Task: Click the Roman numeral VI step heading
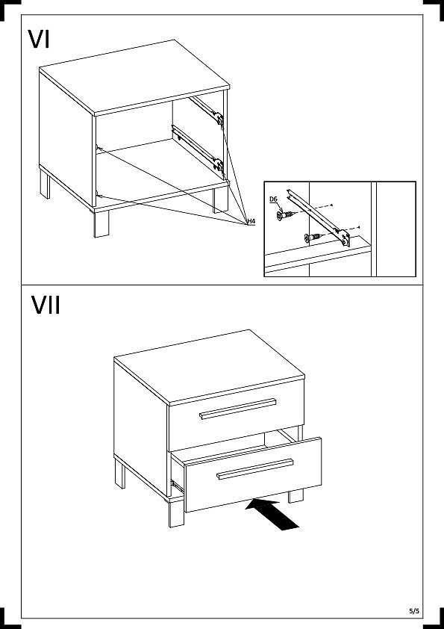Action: (x=39, y=40)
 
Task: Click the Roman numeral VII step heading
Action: (x=46, y=306)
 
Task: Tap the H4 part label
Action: (x=251, y=221)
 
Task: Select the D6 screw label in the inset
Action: (x=273, y=199)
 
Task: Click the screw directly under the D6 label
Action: (x=285, y=215)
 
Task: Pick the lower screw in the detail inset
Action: (x=313, y=237)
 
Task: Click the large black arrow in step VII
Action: (x=272, y=514)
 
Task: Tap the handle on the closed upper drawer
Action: (x=238, y=409)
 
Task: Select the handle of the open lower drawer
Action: (x=255, y=469)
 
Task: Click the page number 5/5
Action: (x=414, y=611)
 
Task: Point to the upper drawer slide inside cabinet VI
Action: (x=207, y=110)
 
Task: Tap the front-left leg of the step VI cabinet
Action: (x=101, y=223)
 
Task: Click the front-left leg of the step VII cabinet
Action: (x=176, y=512)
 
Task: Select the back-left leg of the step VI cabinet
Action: (x=45, y=183)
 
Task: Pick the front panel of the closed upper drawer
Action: (x=237, y=414)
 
